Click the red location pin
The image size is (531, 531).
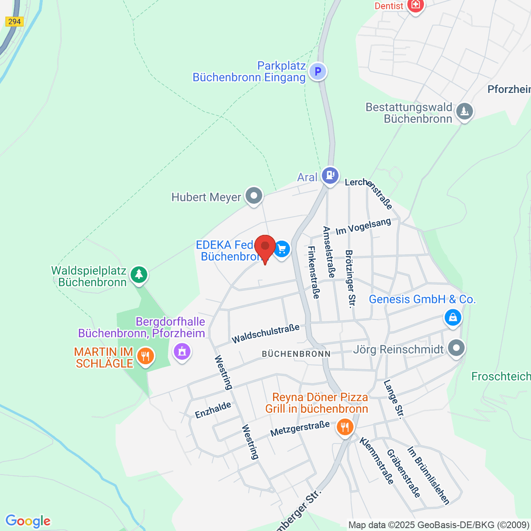pyautogui.click(x=265, y=247)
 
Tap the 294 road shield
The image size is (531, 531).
pyautogui.click(x=14, y=21)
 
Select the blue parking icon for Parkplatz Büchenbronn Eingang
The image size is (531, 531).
pyautogui.click(x=317, y=71)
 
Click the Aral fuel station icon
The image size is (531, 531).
pyautogui.click(x=330, y=175)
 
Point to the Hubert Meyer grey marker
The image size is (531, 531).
pyautogui.click(x=254, y=196)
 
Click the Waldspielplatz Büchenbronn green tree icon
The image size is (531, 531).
pyautogui.click(x=139, y=274)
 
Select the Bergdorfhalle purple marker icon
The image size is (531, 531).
pyautogui.click(x=181, y=352)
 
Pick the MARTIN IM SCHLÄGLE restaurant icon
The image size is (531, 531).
pyautogui.click(x=145, y=356)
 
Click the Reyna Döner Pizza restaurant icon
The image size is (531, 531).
pyautogui.click(x=345, y=427)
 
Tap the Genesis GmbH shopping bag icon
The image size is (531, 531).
pyautogui.click(x=453, y=317)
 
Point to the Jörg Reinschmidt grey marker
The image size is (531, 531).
pyautogui.click(x=456, y=348)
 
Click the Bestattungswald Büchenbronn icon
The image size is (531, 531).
pyautogui.click(x=464, y=111)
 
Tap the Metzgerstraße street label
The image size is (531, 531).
pyautogui.click(x=300, y=428)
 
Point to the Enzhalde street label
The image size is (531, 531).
pyautogui.click(x=213, y=410)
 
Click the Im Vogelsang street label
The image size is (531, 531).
pyautogui.click(x=363, y=227)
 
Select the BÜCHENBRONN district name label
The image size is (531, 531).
pyautogui.click(x=296, y=354)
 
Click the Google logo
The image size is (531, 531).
pyautogui.click(x=28, y=521)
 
